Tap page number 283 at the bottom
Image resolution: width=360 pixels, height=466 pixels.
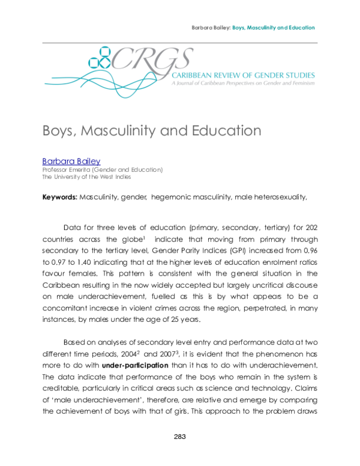(180, 437)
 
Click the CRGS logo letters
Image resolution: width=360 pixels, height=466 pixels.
(152, 59)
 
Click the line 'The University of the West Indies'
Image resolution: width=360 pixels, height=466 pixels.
(86, 177)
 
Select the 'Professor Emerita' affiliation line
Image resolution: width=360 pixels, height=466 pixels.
(102, 170)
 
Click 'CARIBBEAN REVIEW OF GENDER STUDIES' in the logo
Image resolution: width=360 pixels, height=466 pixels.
(243, 75)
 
